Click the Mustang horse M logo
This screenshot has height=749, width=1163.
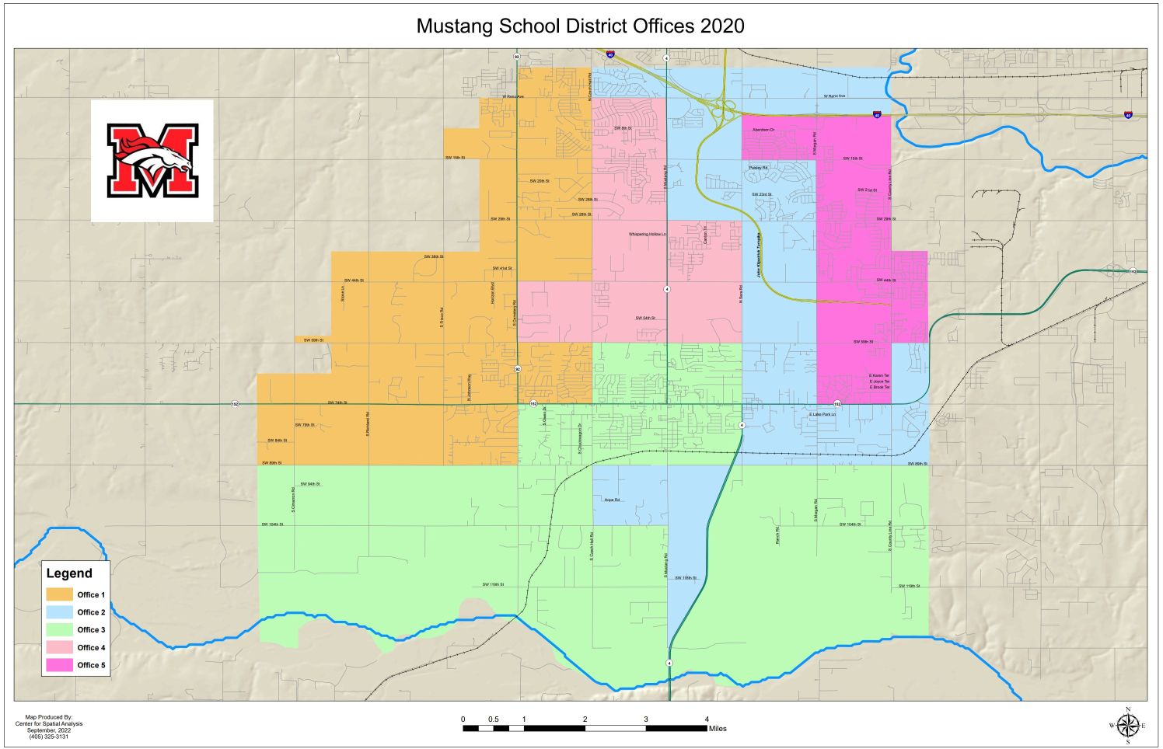coord(152,161)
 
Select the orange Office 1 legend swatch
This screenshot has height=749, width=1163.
coord(59,594)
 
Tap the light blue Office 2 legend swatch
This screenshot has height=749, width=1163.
coord(59,612)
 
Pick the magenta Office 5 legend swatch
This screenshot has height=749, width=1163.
coord(59,665)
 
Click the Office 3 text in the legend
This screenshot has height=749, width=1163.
coord(91,630)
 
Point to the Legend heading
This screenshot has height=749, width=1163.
coord(69,573)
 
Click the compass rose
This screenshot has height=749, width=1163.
coord(1127,725)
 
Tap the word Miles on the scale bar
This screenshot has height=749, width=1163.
coord(718,729)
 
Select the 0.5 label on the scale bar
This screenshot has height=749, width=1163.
coord(494,719)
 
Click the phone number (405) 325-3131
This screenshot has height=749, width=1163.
coord(48,737)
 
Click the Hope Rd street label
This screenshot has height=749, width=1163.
coord(612,500)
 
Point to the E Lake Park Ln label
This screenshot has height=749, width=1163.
coord(822,415)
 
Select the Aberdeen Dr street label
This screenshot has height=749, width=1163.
coord(763,130)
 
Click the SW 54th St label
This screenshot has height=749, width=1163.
coord(645,318)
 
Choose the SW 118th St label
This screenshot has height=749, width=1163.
coord(686,578)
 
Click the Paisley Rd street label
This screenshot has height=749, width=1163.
coord(758,168)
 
